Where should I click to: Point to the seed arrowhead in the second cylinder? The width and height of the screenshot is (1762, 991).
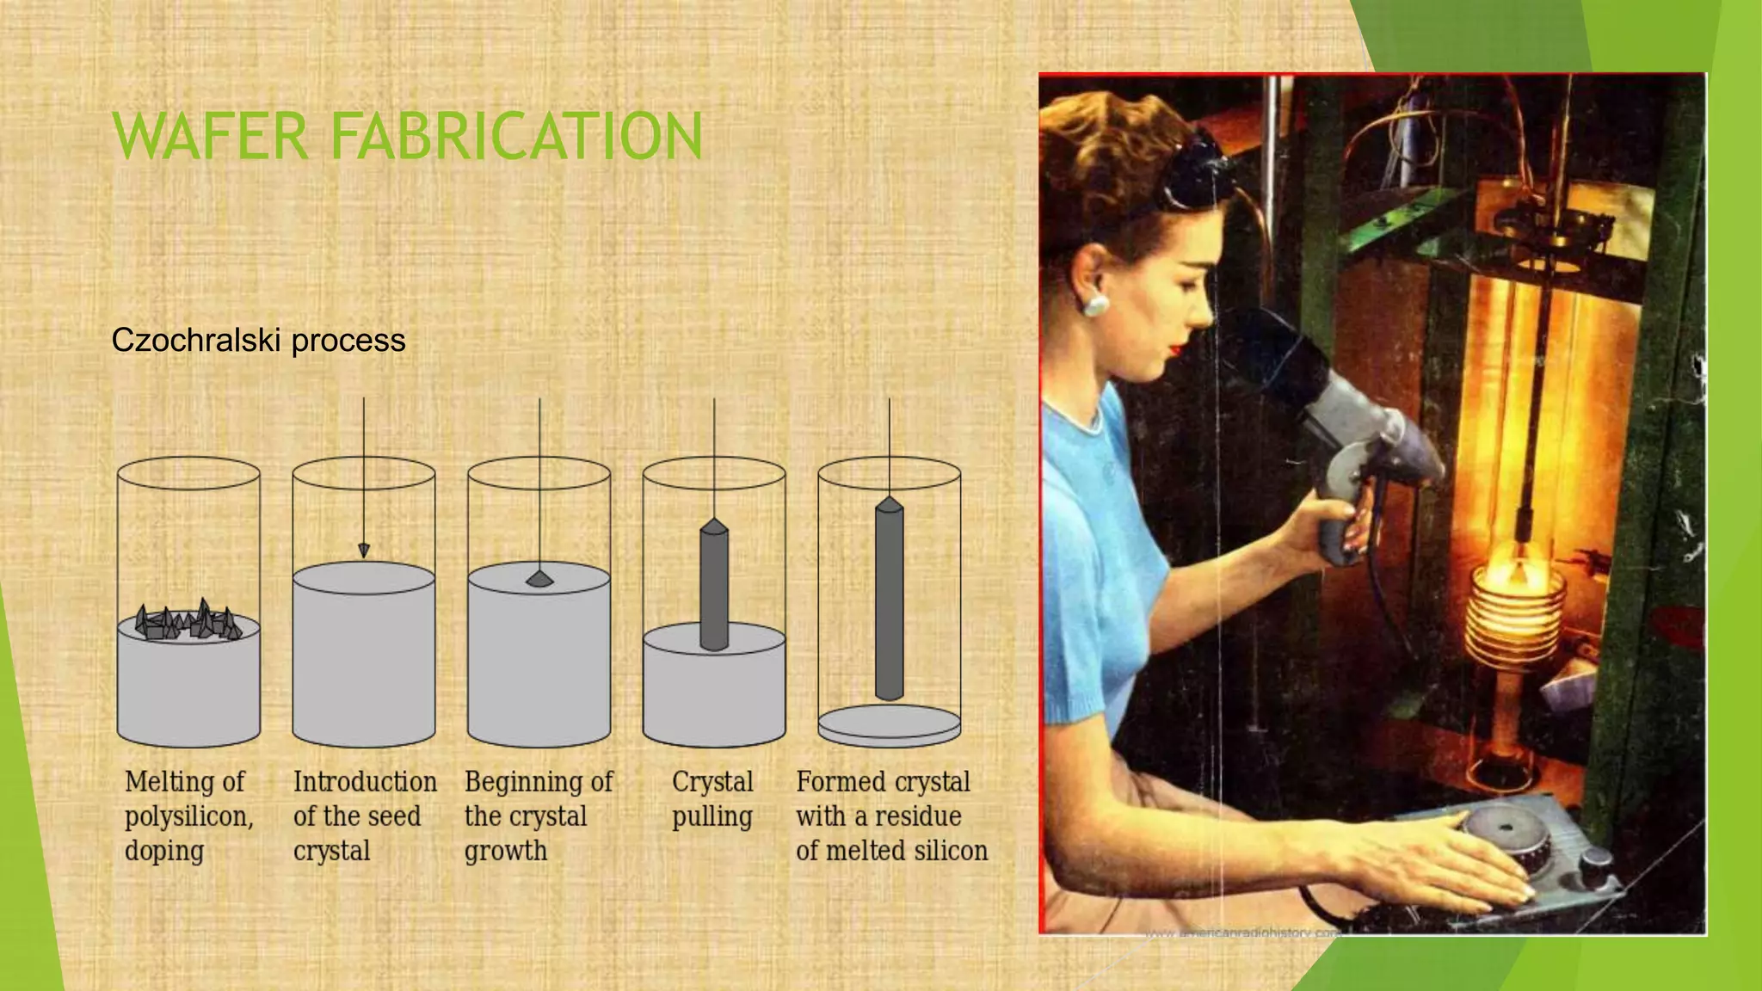364,551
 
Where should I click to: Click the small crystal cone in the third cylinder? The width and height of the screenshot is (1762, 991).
539,579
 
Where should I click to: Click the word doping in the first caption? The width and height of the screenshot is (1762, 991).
164,851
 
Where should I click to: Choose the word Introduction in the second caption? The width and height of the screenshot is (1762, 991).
365,782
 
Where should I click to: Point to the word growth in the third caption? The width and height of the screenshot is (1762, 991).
506,851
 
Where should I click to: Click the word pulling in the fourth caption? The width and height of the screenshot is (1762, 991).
712,816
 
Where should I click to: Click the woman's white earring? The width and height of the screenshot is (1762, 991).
1095,305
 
